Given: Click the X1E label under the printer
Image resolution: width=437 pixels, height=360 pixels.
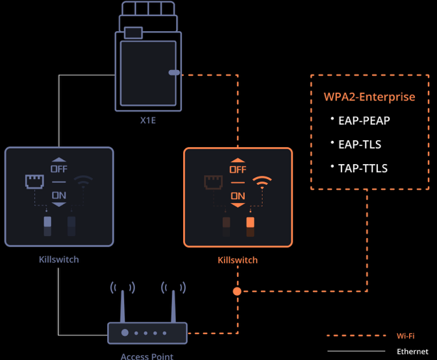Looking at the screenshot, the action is (x=147, y=120).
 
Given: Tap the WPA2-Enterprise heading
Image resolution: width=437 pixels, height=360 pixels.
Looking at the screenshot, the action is (x=369, y=97).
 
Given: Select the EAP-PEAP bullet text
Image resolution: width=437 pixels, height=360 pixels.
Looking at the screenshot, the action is (x=364, y=121).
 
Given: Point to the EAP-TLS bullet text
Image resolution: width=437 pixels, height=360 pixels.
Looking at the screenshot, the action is (x=360, y=145).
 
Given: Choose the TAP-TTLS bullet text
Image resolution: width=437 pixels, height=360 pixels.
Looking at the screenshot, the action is (x=363, y=169).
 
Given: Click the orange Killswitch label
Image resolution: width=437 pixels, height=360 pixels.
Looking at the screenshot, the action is (x=238, y=260).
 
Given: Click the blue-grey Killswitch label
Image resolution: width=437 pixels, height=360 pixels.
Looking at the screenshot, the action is (x=59, y=259).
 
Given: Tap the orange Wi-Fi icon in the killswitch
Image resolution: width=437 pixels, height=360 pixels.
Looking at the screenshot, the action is (x=262, y=182).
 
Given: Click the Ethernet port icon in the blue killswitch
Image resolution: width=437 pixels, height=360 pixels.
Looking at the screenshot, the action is (x=34, y=182).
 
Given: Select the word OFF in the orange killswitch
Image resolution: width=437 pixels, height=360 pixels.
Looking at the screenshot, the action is (x=238, y=169).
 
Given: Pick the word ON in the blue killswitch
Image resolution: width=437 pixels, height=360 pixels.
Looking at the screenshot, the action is (x=59, y=195).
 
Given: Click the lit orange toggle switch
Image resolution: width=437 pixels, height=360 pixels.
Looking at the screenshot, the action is (x=250, y=222).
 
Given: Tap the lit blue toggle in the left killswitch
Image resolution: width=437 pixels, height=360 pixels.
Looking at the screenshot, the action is (x=47, y=222).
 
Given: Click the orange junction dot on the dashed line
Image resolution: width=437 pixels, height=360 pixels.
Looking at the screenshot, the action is (x=237, y=291).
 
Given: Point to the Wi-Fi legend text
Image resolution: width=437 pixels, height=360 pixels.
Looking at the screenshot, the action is (x=405, y=336).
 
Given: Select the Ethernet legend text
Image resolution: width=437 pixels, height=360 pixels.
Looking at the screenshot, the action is (x=412, y=352).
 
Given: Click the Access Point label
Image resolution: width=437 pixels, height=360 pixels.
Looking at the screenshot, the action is (x=147, y=356).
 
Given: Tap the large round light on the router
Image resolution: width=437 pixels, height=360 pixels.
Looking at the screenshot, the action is (x=125, y=333).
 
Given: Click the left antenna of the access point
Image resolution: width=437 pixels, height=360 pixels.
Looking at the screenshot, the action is (x=123, y=306).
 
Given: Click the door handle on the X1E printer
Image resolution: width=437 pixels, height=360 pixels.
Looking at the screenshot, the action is (x=174, y=73).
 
